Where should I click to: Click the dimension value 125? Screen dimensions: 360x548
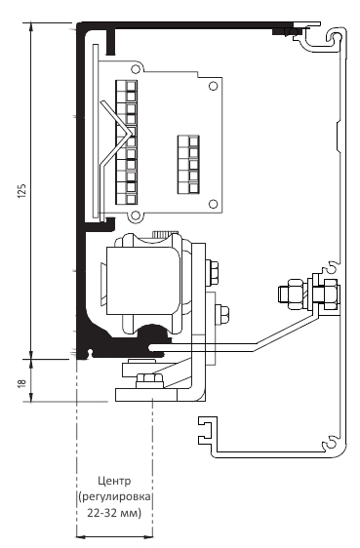point(21,190)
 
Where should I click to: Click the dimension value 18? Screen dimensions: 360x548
point(21,382)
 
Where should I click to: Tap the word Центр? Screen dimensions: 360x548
point(114,482)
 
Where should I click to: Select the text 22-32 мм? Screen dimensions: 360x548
point(114,513)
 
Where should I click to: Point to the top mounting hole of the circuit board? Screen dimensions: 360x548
point(136,69)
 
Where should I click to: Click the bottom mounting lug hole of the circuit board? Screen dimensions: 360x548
point(136,216)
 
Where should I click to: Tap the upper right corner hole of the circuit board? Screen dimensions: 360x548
point(213,86)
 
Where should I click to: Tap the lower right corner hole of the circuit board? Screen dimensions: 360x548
point(213,204)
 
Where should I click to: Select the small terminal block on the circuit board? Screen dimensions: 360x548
point(188,164)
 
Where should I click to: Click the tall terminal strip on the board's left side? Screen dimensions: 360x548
point(127,142)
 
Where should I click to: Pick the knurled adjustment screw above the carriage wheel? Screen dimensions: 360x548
point(165,233)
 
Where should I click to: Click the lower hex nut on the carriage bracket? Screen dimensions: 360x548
point(221,316)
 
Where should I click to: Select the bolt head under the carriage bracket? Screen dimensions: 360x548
point(149,380)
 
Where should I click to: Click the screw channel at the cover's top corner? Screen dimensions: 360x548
point(336,37)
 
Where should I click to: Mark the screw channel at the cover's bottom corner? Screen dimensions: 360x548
point(331,444)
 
